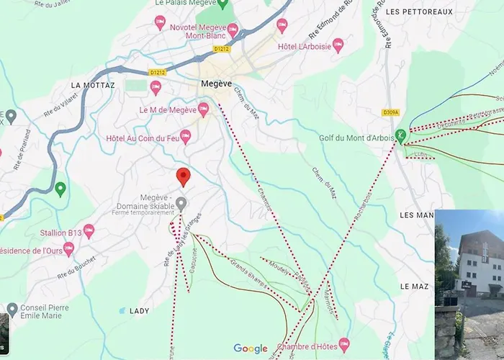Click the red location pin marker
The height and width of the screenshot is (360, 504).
point(183,176)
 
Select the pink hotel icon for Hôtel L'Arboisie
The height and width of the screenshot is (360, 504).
point(338,45)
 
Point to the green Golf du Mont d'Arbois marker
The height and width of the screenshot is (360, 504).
point(401,135)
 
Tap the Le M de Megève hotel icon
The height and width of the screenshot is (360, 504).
point(204,109)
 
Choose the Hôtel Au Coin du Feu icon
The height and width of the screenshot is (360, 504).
point(185,135)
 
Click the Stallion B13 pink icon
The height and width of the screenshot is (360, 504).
point(89,231)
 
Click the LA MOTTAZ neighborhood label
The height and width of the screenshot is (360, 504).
point(93,85)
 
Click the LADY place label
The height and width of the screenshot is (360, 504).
point(139,310)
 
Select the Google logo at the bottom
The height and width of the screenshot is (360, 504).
point(250,348)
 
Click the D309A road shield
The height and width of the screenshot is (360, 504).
point(390,112)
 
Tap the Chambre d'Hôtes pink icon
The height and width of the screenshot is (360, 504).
point(344,343)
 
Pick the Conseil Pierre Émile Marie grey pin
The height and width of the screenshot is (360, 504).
point(12,309)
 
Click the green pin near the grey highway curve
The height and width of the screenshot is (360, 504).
point(60,189)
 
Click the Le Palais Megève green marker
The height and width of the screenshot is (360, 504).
point(222,4)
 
